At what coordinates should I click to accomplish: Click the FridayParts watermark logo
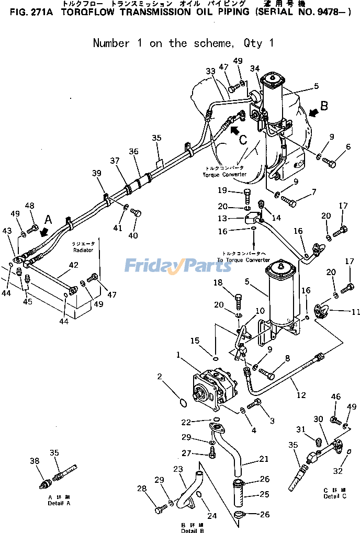coord(178,266)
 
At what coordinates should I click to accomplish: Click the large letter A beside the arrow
coord(49,219)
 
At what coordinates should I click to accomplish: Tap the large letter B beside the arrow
coord(324,106)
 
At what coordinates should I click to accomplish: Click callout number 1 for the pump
coord(178,355)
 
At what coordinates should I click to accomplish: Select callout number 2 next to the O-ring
coord(160,376)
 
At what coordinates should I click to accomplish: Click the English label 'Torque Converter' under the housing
coord(225,174)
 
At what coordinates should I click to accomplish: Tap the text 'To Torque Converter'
coord(243,260)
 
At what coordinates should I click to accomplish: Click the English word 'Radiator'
coord(84,250)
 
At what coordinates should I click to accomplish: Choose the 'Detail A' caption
coord(59,503)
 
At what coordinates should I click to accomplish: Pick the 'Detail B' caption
coord(193,530)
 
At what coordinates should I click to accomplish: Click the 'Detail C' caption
coord(335,496)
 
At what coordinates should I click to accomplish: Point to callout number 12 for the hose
coord(301,395)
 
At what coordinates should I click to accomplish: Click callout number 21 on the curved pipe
coord(264,459)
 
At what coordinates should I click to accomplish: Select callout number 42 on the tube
coord(74,265)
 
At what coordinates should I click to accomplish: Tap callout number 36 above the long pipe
coord(133,152)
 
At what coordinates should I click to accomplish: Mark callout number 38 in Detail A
coord(35,461)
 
